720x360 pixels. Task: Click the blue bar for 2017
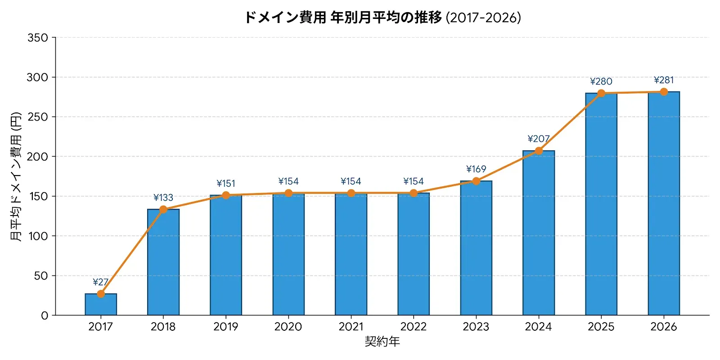(101, 304)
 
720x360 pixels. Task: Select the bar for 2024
(539, 233)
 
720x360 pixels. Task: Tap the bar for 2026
(664, 203)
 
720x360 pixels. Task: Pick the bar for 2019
(226, 255)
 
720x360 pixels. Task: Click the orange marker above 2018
(163, 210)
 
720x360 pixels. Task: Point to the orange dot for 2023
(476, 181)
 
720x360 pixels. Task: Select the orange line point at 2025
(601, 93)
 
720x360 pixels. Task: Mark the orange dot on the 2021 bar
(351, 193)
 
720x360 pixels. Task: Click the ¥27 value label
(101, 282)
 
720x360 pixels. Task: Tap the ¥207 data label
(539, 139)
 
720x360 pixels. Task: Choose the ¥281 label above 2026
(664, 80)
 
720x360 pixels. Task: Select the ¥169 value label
(476, 169)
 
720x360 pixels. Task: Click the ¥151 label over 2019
(226, 184)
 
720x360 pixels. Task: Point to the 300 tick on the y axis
(37, 77)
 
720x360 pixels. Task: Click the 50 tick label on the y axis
(41, 276)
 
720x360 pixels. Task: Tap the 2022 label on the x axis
(414, 327)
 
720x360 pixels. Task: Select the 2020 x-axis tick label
(288, 327)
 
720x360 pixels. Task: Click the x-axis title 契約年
(382, 342)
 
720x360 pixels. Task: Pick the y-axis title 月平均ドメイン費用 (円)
(16, 176)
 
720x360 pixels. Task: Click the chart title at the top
(382, 18)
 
